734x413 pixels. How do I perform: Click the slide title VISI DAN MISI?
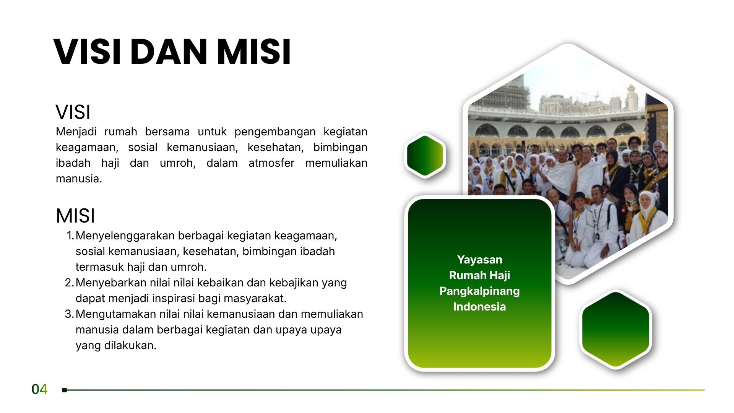point(172,52)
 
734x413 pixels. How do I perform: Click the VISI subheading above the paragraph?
point(73,112)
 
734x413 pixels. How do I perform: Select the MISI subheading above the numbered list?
point(75,216)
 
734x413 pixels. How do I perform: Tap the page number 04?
point(39,389)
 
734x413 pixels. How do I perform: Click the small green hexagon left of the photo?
point(425,155)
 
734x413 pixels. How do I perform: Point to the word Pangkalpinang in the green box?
point(479,291)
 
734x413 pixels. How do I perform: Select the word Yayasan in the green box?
point(479,260)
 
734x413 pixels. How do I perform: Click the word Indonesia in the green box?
point(479,307)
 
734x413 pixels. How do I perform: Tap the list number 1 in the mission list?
point(70,236)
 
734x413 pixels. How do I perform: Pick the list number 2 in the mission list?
point(69,283)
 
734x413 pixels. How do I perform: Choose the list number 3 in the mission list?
point(69,314)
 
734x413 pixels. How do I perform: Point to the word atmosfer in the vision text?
point(271,163)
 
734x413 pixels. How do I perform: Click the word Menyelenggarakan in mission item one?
point(125,236)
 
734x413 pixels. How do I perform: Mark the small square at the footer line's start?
point(65,390)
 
